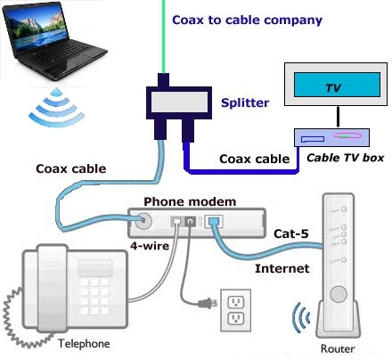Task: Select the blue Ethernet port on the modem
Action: (214, 223)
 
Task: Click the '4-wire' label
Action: (147, 245)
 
